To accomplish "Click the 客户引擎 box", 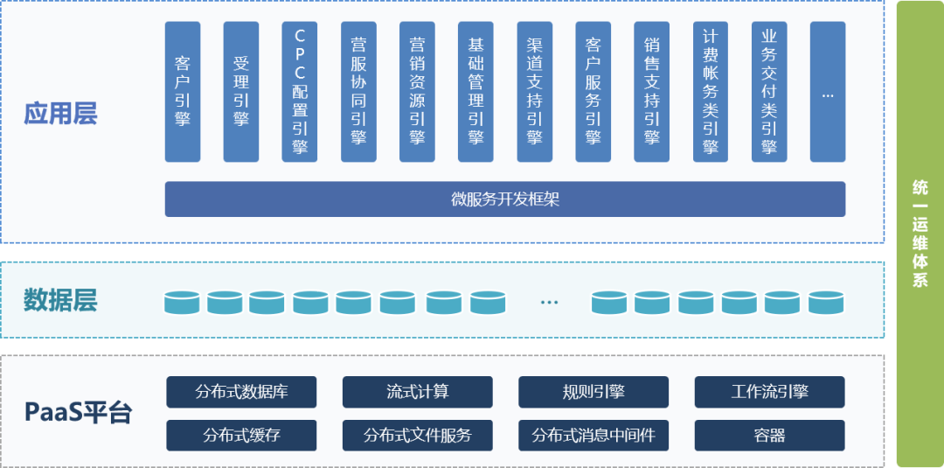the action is pyautogui.click(x=183, y=92).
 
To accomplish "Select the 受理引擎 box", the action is pyautogui.click(x=241, y=92).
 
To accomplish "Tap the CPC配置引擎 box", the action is pyautogui.click(x=300, y=92).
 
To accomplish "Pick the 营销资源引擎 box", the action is pyautogui.click(x=417, y=92).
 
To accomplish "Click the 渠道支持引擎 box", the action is pyautogui.click(x=534, y=92).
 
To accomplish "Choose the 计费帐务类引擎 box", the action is pyautogui.click(x=711, y=92).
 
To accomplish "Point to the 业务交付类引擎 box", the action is pyautogui.click(x=769, y=92).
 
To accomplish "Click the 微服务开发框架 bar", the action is pyautogui.click(x=504, y=199).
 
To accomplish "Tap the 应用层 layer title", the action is pyautogui.click(x=60, y=114).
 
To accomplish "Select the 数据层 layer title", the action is pyautogui.click(x=60, y=301).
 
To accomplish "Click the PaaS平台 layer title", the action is pyautogui.click(x=78, y=412).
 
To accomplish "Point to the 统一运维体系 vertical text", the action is pyautogui.click(x=920, y=234).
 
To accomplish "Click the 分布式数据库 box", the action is pyautogui.click(x=241, y=392).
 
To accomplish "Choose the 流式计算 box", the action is pyautogui.click(x=417, y=392).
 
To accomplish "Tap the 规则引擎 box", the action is pyautogui.click(x=593, y=392).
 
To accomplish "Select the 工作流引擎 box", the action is pyautogui.click(x=769, y=392).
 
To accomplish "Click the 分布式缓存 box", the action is pyautogui.click(x=241, y=435).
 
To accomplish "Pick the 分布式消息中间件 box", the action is pyautogui.click(x=593, y=435).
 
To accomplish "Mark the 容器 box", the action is pyautogui.click(x=769, y=435).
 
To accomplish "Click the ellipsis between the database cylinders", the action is pyautogui.click(x=549, y=303).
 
